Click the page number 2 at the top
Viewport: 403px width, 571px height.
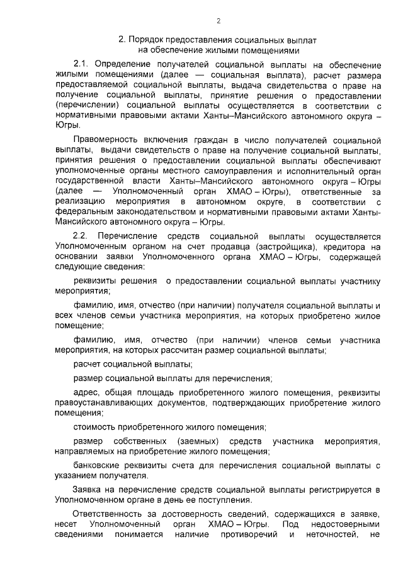pos(218,21)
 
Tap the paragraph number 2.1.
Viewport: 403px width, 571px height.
pos(82,65)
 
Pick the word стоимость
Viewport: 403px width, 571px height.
pos(94,427)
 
